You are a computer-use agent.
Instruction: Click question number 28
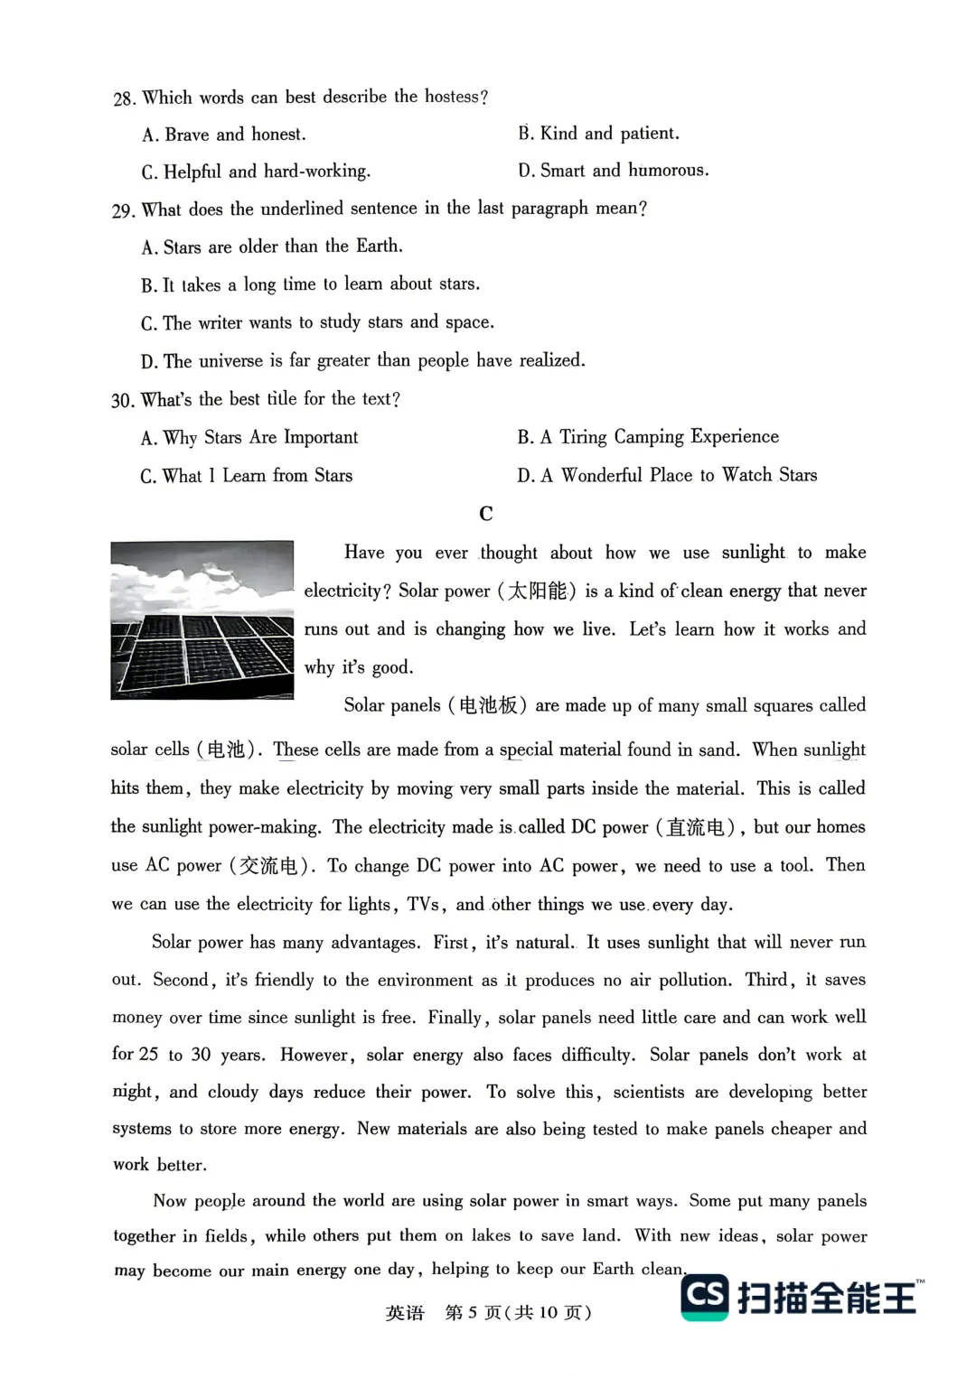[x=124, y=98]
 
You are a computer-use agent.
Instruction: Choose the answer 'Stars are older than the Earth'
[x=272, y=247]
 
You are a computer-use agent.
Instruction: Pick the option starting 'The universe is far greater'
[x=363, y=361]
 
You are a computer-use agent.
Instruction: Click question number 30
[x=123, y=400]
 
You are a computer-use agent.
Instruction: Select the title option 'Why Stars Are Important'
[x=249, y=438]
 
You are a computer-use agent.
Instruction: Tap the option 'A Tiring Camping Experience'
[x=648, y=437]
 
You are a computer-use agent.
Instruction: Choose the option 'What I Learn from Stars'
[x=247, y=476]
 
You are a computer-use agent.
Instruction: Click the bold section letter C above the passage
[x=486, y=514]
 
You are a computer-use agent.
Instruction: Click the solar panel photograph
[x=202, y=619]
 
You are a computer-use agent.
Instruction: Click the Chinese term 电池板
[x=488, y=705]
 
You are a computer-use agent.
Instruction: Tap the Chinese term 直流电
[x=695, y=827]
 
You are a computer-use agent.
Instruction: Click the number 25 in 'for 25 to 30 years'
[x=148, y=1054]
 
